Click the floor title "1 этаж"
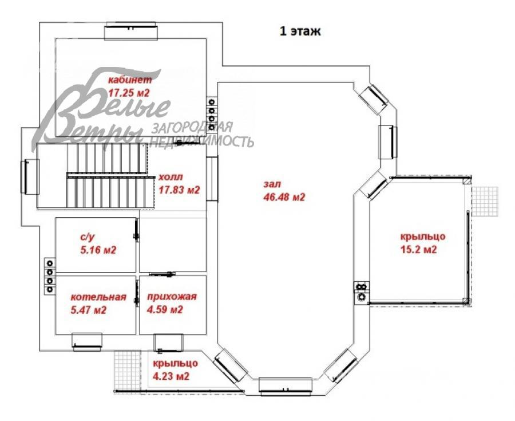[300, 32]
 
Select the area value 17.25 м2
[129, 93]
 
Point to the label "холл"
[171, 177]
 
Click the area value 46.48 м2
[284, 197]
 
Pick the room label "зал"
[272, 184]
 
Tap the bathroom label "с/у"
[88, 237]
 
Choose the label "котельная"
[98, 297]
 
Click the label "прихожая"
[172, 297]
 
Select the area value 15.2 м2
[419, 249]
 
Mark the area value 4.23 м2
[171, 376]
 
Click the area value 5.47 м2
[89, 310]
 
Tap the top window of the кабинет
[130, 32]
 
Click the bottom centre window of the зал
[285, 385]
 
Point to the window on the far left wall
[30, 176]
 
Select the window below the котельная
[87, 342]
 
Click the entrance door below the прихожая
[168, 343]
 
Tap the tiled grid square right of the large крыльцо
[485, 201]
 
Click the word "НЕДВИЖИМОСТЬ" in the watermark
[201, 141]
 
